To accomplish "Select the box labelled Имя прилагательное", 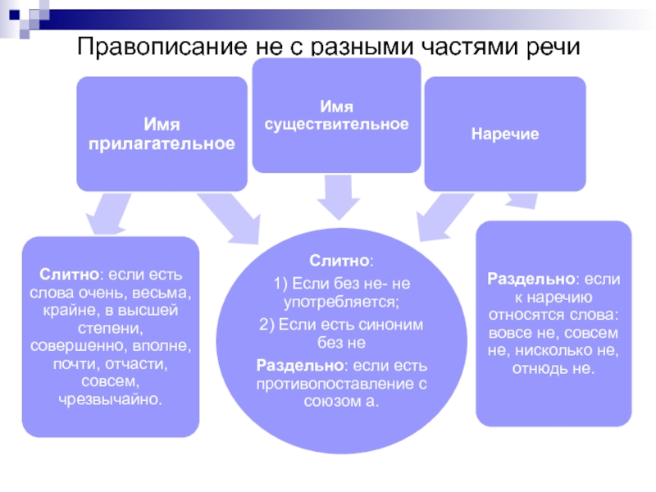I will (x=162, y=134).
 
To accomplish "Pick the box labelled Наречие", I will (x=504, y=134).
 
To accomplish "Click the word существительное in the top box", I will (x=336, y=124).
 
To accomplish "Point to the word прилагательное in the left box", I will (x=162, y=143).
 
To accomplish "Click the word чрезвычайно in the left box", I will (x=111, y=400).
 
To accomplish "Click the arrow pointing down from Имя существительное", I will (x=336, y=198).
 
